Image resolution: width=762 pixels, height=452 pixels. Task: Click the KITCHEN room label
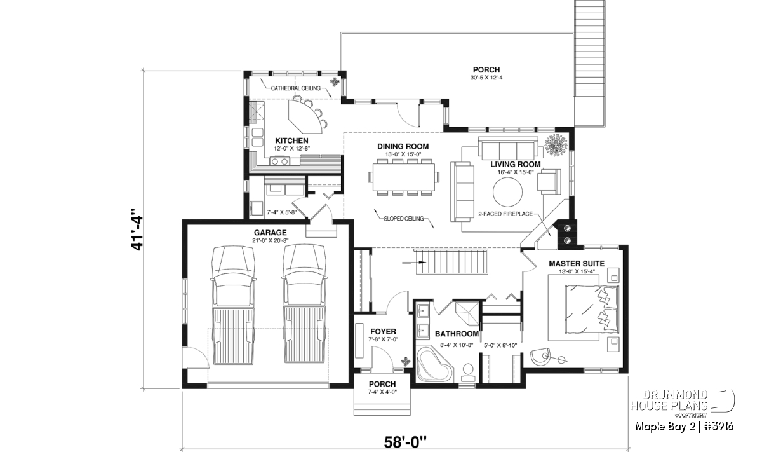pos(291,140)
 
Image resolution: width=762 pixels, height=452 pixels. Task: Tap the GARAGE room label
pos(270,233)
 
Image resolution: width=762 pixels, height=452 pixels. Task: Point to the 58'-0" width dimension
pos(405,442)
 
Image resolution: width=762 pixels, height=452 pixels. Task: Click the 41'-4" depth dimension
pos(137,229)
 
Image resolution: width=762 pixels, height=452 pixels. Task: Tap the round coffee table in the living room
pos(507,192)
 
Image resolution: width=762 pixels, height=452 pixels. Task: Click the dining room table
pos(403,177)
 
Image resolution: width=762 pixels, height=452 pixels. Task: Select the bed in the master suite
pos(592,310)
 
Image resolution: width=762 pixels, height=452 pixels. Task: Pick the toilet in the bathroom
pos(469,373)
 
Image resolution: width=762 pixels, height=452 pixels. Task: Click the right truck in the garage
pos(304,304)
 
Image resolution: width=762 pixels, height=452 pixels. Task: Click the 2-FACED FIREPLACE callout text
pos(505,214)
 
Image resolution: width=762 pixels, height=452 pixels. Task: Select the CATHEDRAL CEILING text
pos(296,88)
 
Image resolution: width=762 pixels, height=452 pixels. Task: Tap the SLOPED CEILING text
pos(404,219)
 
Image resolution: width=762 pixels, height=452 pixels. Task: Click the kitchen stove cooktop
pos(279,161)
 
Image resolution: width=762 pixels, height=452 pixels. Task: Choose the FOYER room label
pos(383,331)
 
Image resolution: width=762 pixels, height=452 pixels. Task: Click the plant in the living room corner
pos(556,146)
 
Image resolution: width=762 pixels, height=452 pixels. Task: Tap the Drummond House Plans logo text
pos(669,401)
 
